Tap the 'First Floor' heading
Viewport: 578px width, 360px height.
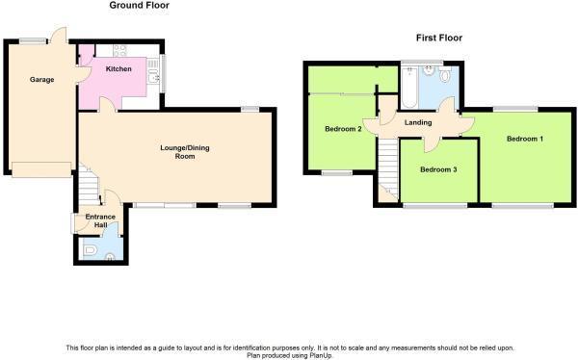coord(438,39)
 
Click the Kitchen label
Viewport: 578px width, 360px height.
coord(118,69)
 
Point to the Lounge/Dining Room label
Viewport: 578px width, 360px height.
coord(184,151)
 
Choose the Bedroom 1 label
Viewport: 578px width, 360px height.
coord(526,140)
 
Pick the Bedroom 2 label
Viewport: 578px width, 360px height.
coord(342,129)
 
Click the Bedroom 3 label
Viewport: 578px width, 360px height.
coord(438,169)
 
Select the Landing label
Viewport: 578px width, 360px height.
coord(418,122)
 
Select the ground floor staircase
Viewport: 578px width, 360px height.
coord(88,182)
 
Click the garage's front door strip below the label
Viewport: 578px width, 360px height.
coord(40,169)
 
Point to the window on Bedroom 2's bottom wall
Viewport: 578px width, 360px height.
coord(336,173)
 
